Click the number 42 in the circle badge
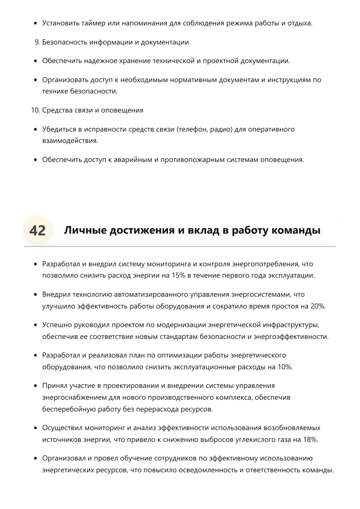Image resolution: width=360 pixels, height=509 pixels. [37, 231]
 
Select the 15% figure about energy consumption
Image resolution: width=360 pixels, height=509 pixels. [178, 276]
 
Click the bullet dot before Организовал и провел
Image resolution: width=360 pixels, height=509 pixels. [36, 459]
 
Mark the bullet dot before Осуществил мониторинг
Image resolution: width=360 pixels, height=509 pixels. [36, 428]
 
